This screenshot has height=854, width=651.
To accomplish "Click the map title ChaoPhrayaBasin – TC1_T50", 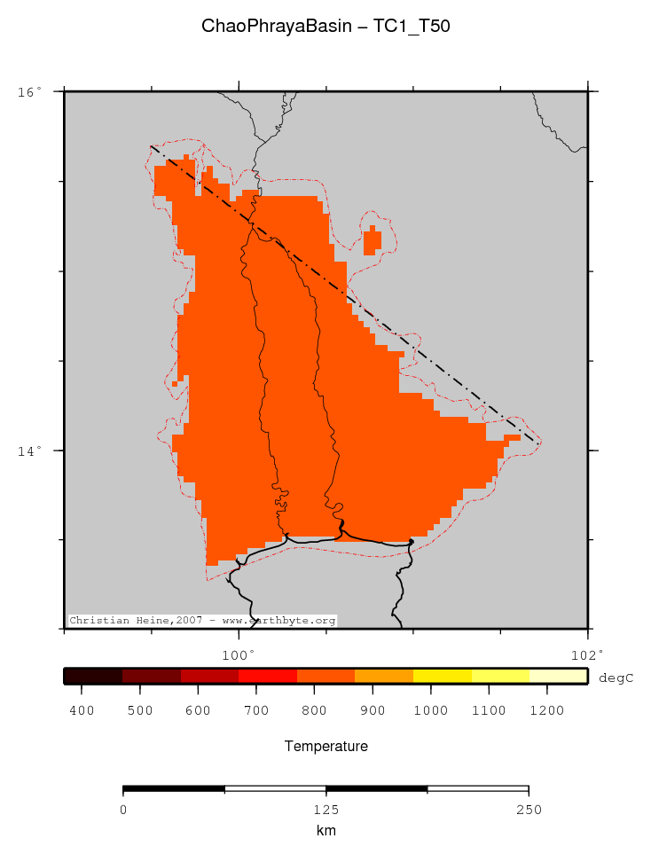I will [x=325, y=27].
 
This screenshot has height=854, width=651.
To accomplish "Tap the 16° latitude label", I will [x=28, y=91].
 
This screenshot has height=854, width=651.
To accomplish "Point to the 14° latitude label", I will [x=28, y=451].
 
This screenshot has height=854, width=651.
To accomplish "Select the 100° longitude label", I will [x=238, y=654].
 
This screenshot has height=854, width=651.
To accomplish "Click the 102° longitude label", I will [x=587, y=654].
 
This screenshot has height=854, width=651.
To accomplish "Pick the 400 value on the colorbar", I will [x=82, y=710].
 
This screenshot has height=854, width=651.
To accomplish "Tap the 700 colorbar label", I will [x=255, y=710].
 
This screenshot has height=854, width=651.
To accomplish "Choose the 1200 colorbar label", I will [x=545, y=710].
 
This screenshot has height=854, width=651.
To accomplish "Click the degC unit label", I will [x=616, y=678].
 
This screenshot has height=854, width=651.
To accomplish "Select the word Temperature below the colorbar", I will [x=325, y=747].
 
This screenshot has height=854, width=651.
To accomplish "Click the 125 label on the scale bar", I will [x=325, y=810].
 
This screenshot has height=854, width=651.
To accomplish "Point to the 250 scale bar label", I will [x=528, y=810].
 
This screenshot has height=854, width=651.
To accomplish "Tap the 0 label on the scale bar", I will [x=123, y=810].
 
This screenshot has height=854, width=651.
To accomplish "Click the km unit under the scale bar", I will [x=325, y=831].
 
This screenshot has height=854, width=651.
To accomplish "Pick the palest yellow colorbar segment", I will [x=558, y=677].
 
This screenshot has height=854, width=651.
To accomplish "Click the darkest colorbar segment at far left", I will [x=92, y=677].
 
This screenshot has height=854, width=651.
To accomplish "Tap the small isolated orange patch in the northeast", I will [x=373, y=239].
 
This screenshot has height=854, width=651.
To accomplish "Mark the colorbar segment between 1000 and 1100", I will [x=442, y=677].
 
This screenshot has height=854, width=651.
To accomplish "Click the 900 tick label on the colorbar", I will [x=372, y=710].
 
